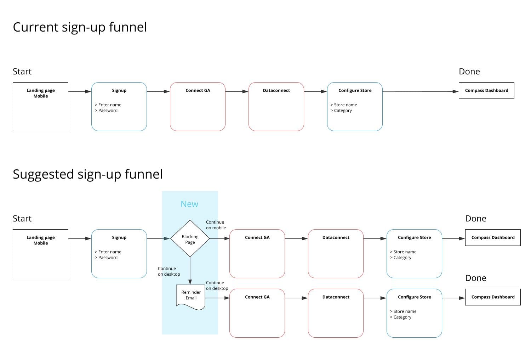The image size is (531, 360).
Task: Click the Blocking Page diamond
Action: tap(190, 238)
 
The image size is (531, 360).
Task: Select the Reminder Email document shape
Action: tap(190, 297)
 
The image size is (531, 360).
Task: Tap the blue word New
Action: tap(189, 204)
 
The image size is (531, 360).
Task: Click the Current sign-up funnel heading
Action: tap(80, 27)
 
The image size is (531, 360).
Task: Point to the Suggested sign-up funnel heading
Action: tap(88, 174)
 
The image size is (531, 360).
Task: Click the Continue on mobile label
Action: tap(216, 225)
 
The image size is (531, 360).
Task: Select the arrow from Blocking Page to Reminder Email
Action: tap(190, 271)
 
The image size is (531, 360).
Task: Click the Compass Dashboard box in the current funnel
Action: tap(486, 90)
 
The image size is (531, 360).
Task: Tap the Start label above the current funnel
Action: tap(22, 72)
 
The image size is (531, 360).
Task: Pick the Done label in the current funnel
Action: tap(469, 72)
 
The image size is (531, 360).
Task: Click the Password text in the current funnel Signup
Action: tap(108, 111)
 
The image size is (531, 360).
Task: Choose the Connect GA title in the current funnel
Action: tap(198, 90)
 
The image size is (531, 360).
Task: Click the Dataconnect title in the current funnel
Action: tap(276, 90)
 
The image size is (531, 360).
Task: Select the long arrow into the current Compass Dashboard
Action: tap(421, 91)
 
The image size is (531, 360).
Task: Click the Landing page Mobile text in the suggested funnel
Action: tap(41, 240)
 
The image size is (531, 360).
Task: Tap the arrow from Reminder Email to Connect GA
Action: tap(217, 298)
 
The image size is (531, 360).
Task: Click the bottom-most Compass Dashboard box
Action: tap(493, 297)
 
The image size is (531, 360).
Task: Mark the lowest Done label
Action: tap(475, 278)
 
